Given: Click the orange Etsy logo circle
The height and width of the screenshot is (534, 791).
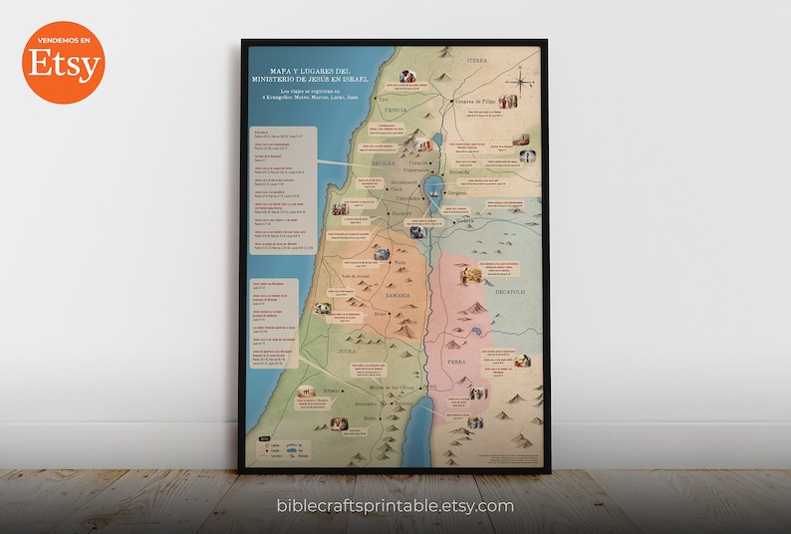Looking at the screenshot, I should [64, 63].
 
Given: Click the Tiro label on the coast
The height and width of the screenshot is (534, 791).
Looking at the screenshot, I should [383, 100].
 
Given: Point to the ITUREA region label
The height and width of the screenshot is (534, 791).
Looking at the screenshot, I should [478, 61].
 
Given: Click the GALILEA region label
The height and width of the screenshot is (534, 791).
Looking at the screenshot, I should [384, 162].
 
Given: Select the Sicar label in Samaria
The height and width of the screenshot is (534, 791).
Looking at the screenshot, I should [379, 313].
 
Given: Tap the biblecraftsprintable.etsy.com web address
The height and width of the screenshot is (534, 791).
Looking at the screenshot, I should [395, 506].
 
